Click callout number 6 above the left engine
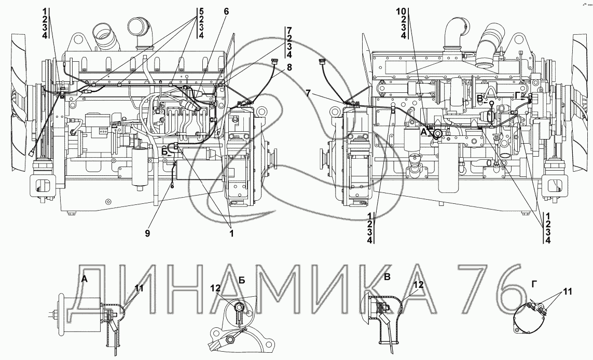coord(226,11)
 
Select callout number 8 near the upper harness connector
coord(289,67)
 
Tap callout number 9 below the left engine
coord(147,233)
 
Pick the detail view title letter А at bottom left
coord(85,279)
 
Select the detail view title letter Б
coord(242,280)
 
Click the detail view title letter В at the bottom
coord(387,277)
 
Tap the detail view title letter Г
coord(534,284)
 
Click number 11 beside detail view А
coord(139,288)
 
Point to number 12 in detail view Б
coord(216,288)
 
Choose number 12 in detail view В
coord(419,284)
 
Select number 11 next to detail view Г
coord(567,292)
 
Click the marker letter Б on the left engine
coord(164,151)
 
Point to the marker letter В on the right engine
coord(479,99)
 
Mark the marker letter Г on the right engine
coord(518,95)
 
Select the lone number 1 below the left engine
coord(231,233)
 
